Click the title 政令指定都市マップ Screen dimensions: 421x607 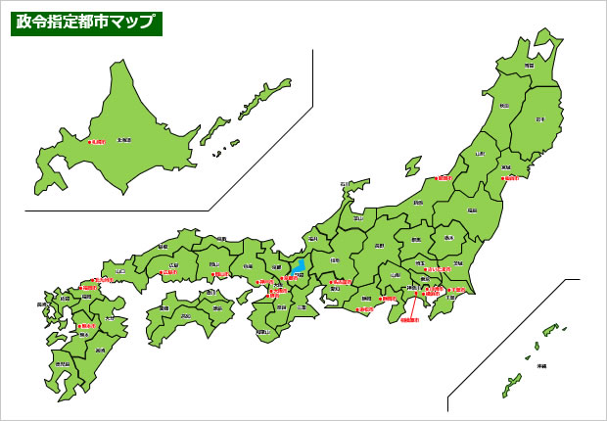coord(85,23)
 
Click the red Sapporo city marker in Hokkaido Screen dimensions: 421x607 coord(89,142)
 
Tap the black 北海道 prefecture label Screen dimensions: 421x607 coord(123,140)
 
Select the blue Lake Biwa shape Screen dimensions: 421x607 coord(298,265)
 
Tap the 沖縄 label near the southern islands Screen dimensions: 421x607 coord(540,366)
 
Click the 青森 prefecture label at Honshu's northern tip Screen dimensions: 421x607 coord(529,65)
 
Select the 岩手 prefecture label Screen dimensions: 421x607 coord(539,119)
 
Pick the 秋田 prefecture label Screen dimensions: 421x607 coord(504,105)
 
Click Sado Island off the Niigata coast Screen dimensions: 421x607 coord(413,166)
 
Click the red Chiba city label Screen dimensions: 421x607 coord(457,290)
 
